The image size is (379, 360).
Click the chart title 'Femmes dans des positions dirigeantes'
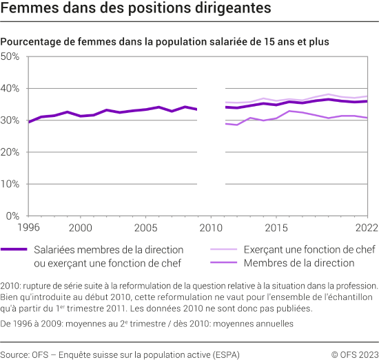[x=135, y=11]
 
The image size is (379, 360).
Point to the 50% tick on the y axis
[x=10, y=56]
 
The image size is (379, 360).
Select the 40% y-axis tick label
[x=10, y=89]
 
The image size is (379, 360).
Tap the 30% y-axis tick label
[x=10, y=120]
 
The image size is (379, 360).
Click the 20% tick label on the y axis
[x=10, y=152]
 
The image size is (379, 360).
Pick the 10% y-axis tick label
[x=10, y=184]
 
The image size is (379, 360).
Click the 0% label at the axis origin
[x=12, y=215]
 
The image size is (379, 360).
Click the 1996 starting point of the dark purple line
[x=28, y=122]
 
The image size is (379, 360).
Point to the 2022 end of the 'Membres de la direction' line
[x=366, y=118]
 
